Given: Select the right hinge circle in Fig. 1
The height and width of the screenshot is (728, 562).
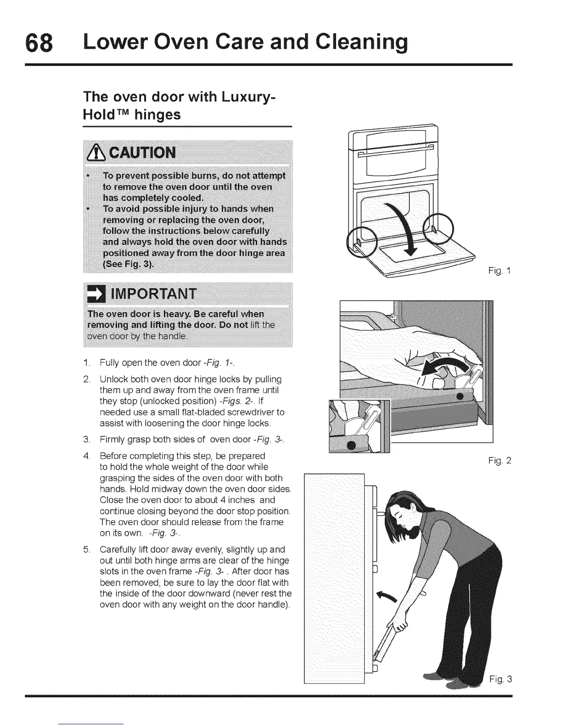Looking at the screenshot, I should [x=438, y=228].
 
